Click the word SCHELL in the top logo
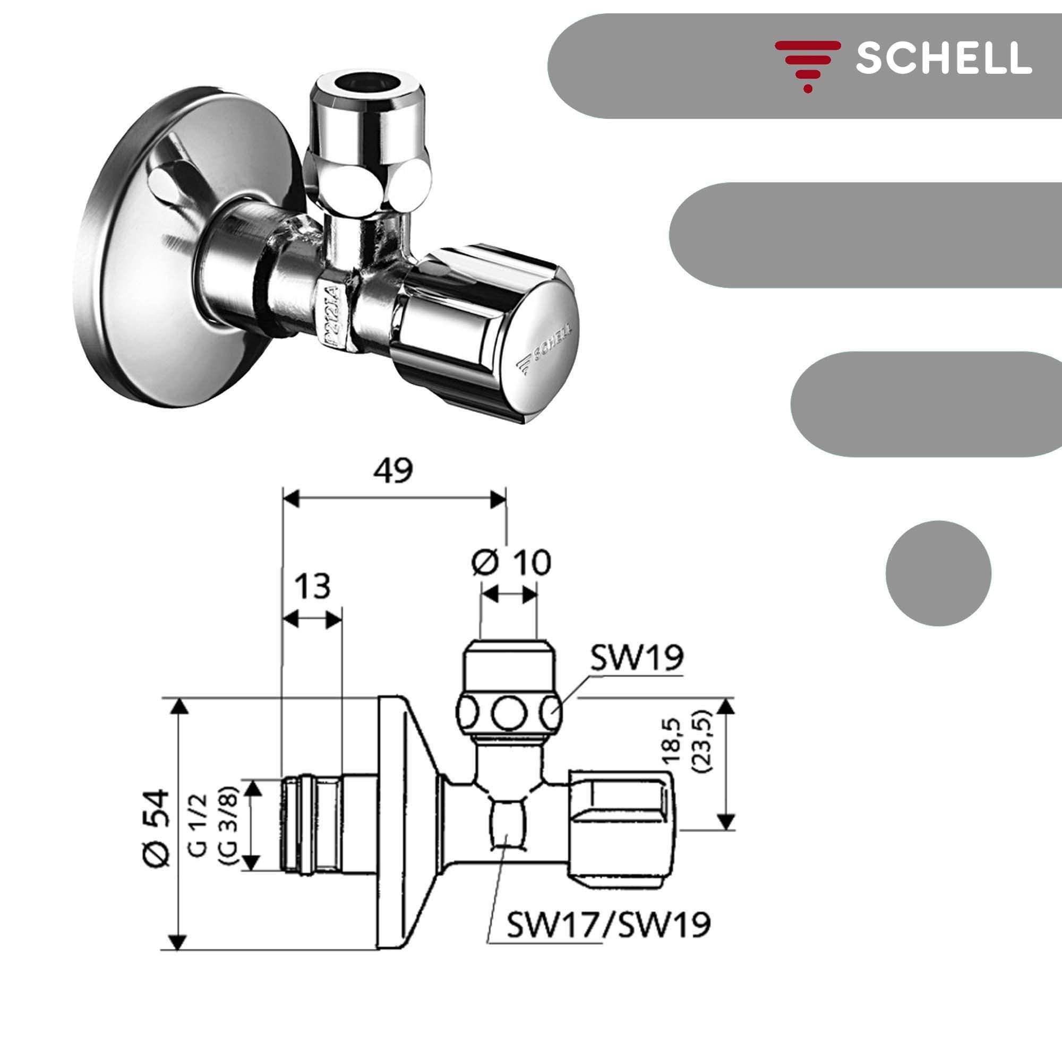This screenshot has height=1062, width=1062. (x=943, y=58)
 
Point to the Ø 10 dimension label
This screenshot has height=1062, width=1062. (x=511, y=562)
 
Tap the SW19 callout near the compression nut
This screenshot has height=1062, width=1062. (x=637, y=658)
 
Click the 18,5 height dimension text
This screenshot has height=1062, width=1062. (x=672, y=743)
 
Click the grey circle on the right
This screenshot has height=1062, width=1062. (x=938, y=573)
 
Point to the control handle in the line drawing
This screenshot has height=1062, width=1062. (x=622, y=828)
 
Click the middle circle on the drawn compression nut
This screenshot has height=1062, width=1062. (x=509, y=715)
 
